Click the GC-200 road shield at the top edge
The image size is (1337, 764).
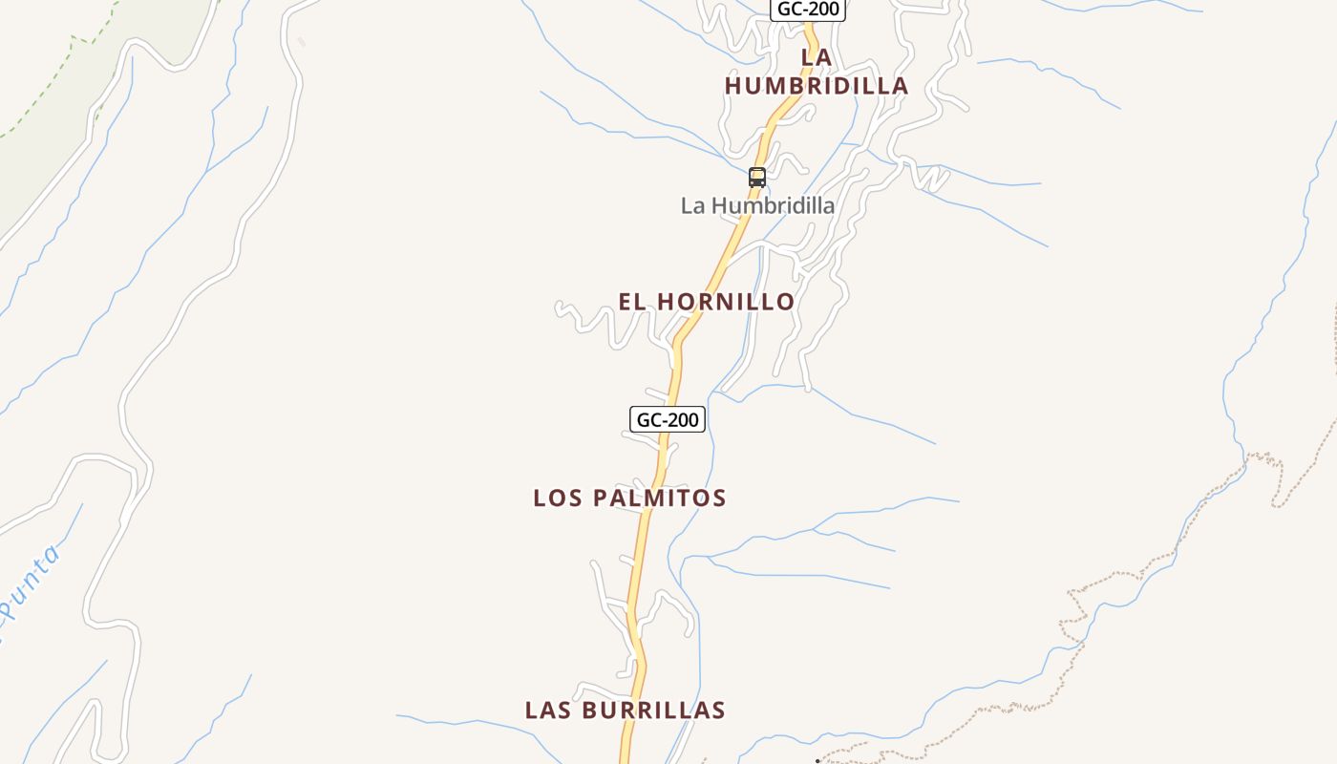coord(807,10)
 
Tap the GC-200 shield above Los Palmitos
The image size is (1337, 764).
coord(668,419)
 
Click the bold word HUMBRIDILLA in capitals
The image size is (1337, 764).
coord(817,86)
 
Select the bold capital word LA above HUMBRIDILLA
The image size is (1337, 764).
coord(817,57)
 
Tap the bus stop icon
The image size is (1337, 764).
coord(757,177)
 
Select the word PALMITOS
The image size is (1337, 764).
coord(660,498)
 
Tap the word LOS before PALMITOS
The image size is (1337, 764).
coord(558,498)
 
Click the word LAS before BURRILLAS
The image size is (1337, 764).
coord(548,711)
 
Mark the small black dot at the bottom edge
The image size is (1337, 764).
coord(817,761)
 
